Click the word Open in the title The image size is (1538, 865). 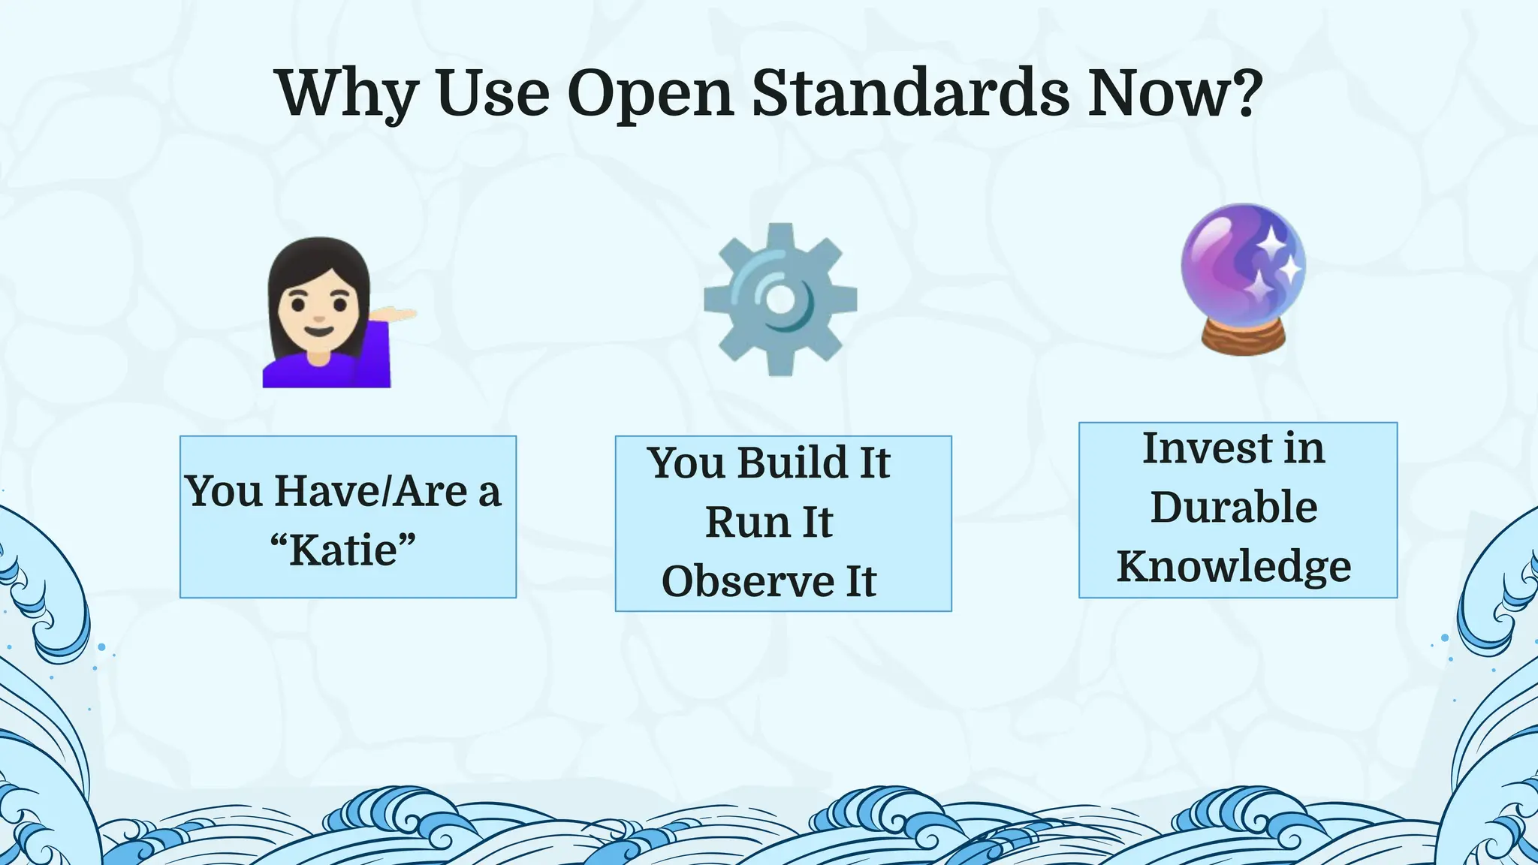point(650,93)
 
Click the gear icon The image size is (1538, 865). point(780,300)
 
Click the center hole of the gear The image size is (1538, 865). point(780,300)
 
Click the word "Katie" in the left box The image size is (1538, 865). point(343,550)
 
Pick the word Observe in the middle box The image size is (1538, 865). point(748,582)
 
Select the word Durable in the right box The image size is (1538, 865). point(1234,507)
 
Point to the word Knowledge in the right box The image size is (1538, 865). point(1234,567)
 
